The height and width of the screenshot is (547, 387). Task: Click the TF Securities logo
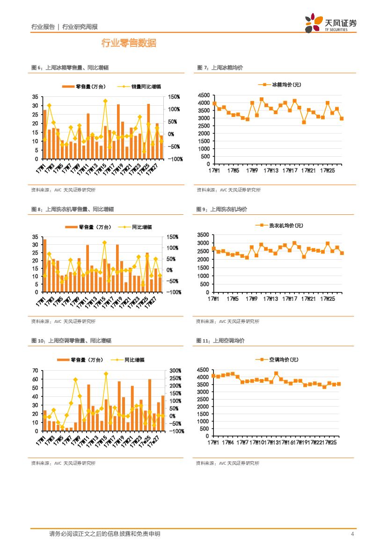[x=330, y=22]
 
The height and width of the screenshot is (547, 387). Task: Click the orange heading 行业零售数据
[x=129, y=44]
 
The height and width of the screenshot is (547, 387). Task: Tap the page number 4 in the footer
[x=352, y=534]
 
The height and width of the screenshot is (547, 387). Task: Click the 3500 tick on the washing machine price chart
[x=203, y=234]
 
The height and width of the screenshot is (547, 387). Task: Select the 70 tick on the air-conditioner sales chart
[x=36, y=371]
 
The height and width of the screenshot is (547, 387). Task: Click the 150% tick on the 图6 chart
[x=174, y=97]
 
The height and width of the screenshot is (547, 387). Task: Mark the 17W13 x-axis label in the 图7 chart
[x=270, y=171]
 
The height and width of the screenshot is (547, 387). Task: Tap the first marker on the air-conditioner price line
[x=213, y=376]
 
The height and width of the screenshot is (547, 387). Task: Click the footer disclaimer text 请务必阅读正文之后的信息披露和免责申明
[x=104, y=534]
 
